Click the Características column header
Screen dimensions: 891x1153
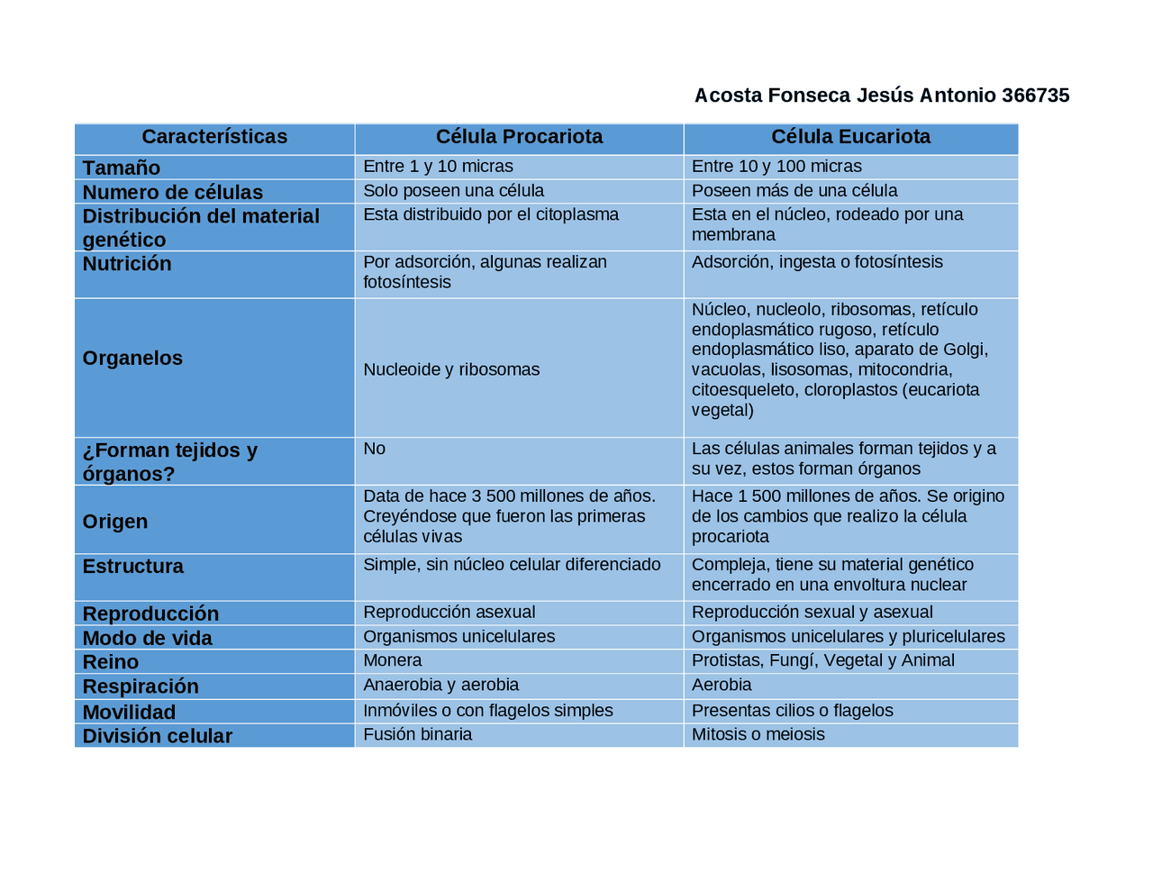coord(214,137)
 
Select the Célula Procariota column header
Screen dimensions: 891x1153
coord(519,137)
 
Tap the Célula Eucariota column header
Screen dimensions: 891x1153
coord(850,137)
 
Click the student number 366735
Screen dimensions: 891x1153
coord(1035,95)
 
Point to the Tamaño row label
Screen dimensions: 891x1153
coord(122,168)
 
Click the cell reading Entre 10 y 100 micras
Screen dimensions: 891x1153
coord(776,167)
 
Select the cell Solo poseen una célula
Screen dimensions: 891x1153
coord(453,191)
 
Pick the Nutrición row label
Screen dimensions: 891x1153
coord(127,264)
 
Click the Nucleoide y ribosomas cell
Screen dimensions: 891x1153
coord(451,369)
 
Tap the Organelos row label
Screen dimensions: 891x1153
coord(132,359)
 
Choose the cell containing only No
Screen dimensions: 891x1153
coord(374,449)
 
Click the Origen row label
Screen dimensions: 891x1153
coord(115,522)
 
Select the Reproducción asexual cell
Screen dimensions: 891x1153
coord(449,613)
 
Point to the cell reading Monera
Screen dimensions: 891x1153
coord(392,660)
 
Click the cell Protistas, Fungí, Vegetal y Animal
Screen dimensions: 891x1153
coord(822,660)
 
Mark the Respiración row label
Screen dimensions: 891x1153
coord(141,686)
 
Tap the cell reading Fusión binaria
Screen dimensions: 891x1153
coord(417,734)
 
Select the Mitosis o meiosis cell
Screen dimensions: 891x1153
coord(758,734)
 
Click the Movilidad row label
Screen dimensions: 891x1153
coord(129,713)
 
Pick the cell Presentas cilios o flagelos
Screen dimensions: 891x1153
coord(792,711)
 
